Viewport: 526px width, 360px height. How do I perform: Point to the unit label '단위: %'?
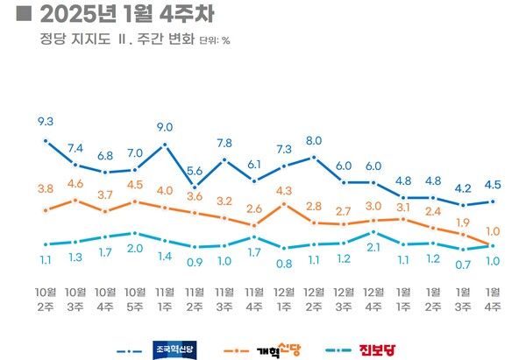(215, 40)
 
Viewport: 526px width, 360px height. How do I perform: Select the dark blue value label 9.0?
(164, 127)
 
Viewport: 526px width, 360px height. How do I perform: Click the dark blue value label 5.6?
(195, 171)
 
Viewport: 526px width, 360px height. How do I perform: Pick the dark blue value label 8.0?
(314, 140)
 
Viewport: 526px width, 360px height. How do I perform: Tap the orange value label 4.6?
(75, 183)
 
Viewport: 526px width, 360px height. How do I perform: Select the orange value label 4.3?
(284, 189)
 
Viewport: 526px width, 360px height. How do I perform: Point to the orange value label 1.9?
(463, 222)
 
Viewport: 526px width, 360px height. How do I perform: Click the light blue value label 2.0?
(134, 249)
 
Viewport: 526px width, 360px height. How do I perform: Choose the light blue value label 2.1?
(373, 248)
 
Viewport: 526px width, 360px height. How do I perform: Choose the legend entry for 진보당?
(412, 349)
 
